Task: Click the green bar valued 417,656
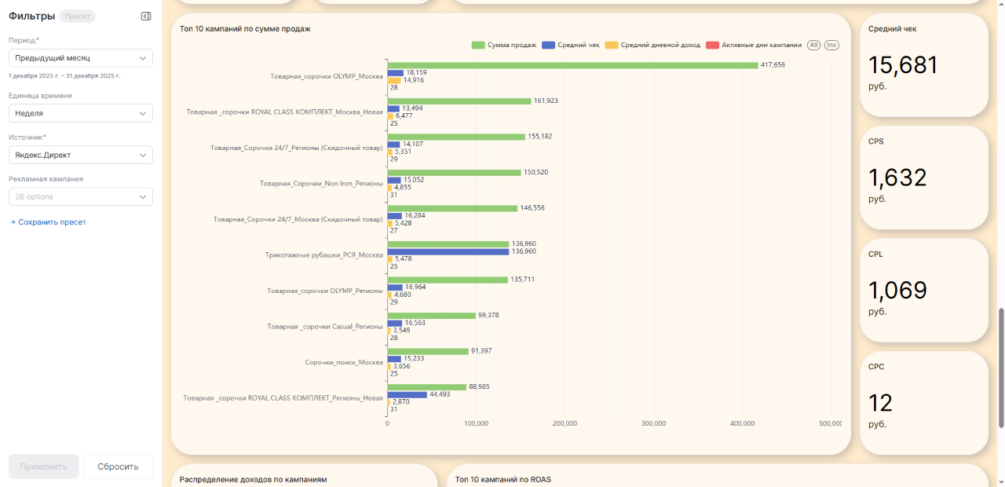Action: [x=572, y=65]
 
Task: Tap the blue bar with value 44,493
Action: [x=407, y=394]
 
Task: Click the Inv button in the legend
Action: [x=831, y=45]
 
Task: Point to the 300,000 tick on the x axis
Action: [x=653, y=423]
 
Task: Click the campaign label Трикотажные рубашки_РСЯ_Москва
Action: [x=323, y=255]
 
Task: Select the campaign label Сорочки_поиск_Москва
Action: [x=343, y=362]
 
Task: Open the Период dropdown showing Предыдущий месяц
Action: [x=81, y=58]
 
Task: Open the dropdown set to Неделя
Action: [x=81, y=113]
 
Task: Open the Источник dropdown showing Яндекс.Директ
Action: [x=81, y=155]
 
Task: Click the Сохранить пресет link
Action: [x=48, y=222]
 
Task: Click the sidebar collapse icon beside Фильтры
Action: [x=146, y=16]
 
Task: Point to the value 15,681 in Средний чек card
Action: [x=903, y=65]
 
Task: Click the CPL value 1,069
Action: [x=897, y=291]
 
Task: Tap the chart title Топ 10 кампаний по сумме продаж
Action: [x=245, y=29]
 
